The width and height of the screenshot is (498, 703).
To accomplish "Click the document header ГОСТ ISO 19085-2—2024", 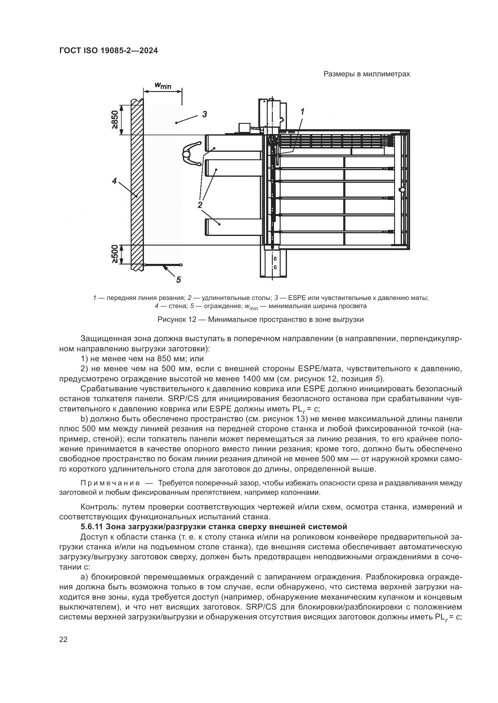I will (x=109, y=51).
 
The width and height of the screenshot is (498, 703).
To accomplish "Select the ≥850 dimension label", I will (x=115, y=120).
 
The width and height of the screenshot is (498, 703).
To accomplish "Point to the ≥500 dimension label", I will (x=115, y=254).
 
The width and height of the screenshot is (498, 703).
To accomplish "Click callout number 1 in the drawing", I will (x=303, y=112).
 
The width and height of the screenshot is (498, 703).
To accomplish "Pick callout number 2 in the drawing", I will (x=200, y=205).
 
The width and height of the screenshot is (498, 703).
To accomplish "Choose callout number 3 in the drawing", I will (x=204, y=114).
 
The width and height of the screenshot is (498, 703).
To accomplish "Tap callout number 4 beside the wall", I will (x=114, y=181).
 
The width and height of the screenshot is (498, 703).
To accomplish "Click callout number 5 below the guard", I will (x=179, y=279).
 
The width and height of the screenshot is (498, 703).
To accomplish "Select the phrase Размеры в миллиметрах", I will (x=367, y=74).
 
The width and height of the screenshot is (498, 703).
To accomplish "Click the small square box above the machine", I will (x=244, y=128).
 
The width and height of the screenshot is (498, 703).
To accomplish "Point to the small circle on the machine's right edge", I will (x=402, y=190).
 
